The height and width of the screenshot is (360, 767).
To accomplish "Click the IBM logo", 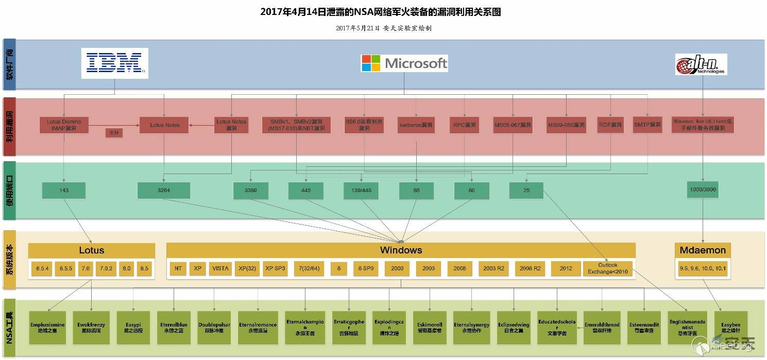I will [x=114, y=63].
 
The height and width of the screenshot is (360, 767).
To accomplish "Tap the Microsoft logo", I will [x=404, y=63].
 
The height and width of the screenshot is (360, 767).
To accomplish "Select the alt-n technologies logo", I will [x=701, y=64].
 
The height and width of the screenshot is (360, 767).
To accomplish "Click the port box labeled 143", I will [x=64, y=190].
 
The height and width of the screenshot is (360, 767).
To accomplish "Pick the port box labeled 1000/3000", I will [x=702, y=190].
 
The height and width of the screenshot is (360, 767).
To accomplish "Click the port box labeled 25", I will [x=526, y=191].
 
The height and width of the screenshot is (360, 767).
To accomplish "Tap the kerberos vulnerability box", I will [x=416, y=125].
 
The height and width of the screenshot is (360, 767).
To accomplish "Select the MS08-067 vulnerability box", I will [x=513, y=125].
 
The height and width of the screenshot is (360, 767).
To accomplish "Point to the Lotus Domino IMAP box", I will [x=64, y=125].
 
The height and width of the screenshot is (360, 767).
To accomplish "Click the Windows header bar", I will [x=401, y=250].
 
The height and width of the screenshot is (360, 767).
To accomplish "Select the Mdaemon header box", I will [x=703, y=250].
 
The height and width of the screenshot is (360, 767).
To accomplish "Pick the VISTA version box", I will [x=220, y=268].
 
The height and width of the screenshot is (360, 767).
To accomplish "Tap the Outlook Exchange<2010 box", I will [x=608, y=269].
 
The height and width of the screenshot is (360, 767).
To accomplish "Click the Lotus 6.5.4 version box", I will [x=41, y=269].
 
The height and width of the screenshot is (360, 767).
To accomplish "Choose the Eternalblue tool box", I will [x=174, y=328].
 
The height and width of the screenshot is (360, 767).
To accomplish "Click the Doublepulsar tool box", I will [x=214, y=328].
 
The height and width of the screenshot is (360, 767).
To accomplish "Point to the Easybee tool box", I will [x=731, y=328].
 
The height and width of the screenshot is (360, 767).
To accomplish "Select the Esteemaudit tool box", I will [x=644, y=328].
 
